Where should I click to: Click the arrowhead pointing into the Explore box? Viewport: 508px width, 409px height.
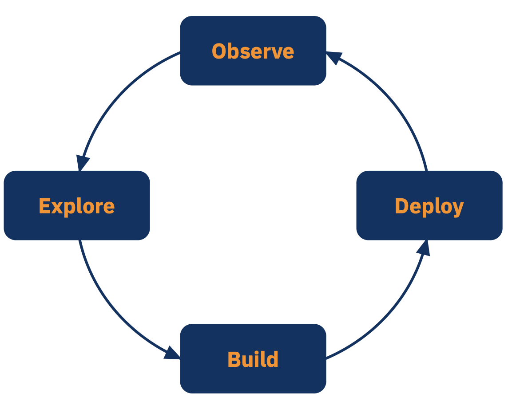(x=82, y=163)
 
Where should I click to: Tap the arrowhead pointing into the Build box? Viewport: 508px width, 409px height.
(x=172, y=353)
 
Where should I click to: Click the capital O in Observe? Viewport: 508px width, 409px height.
(x=219, y=51)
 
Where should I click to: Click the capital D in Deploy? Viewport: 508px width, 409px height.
(x=402, y=206)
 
